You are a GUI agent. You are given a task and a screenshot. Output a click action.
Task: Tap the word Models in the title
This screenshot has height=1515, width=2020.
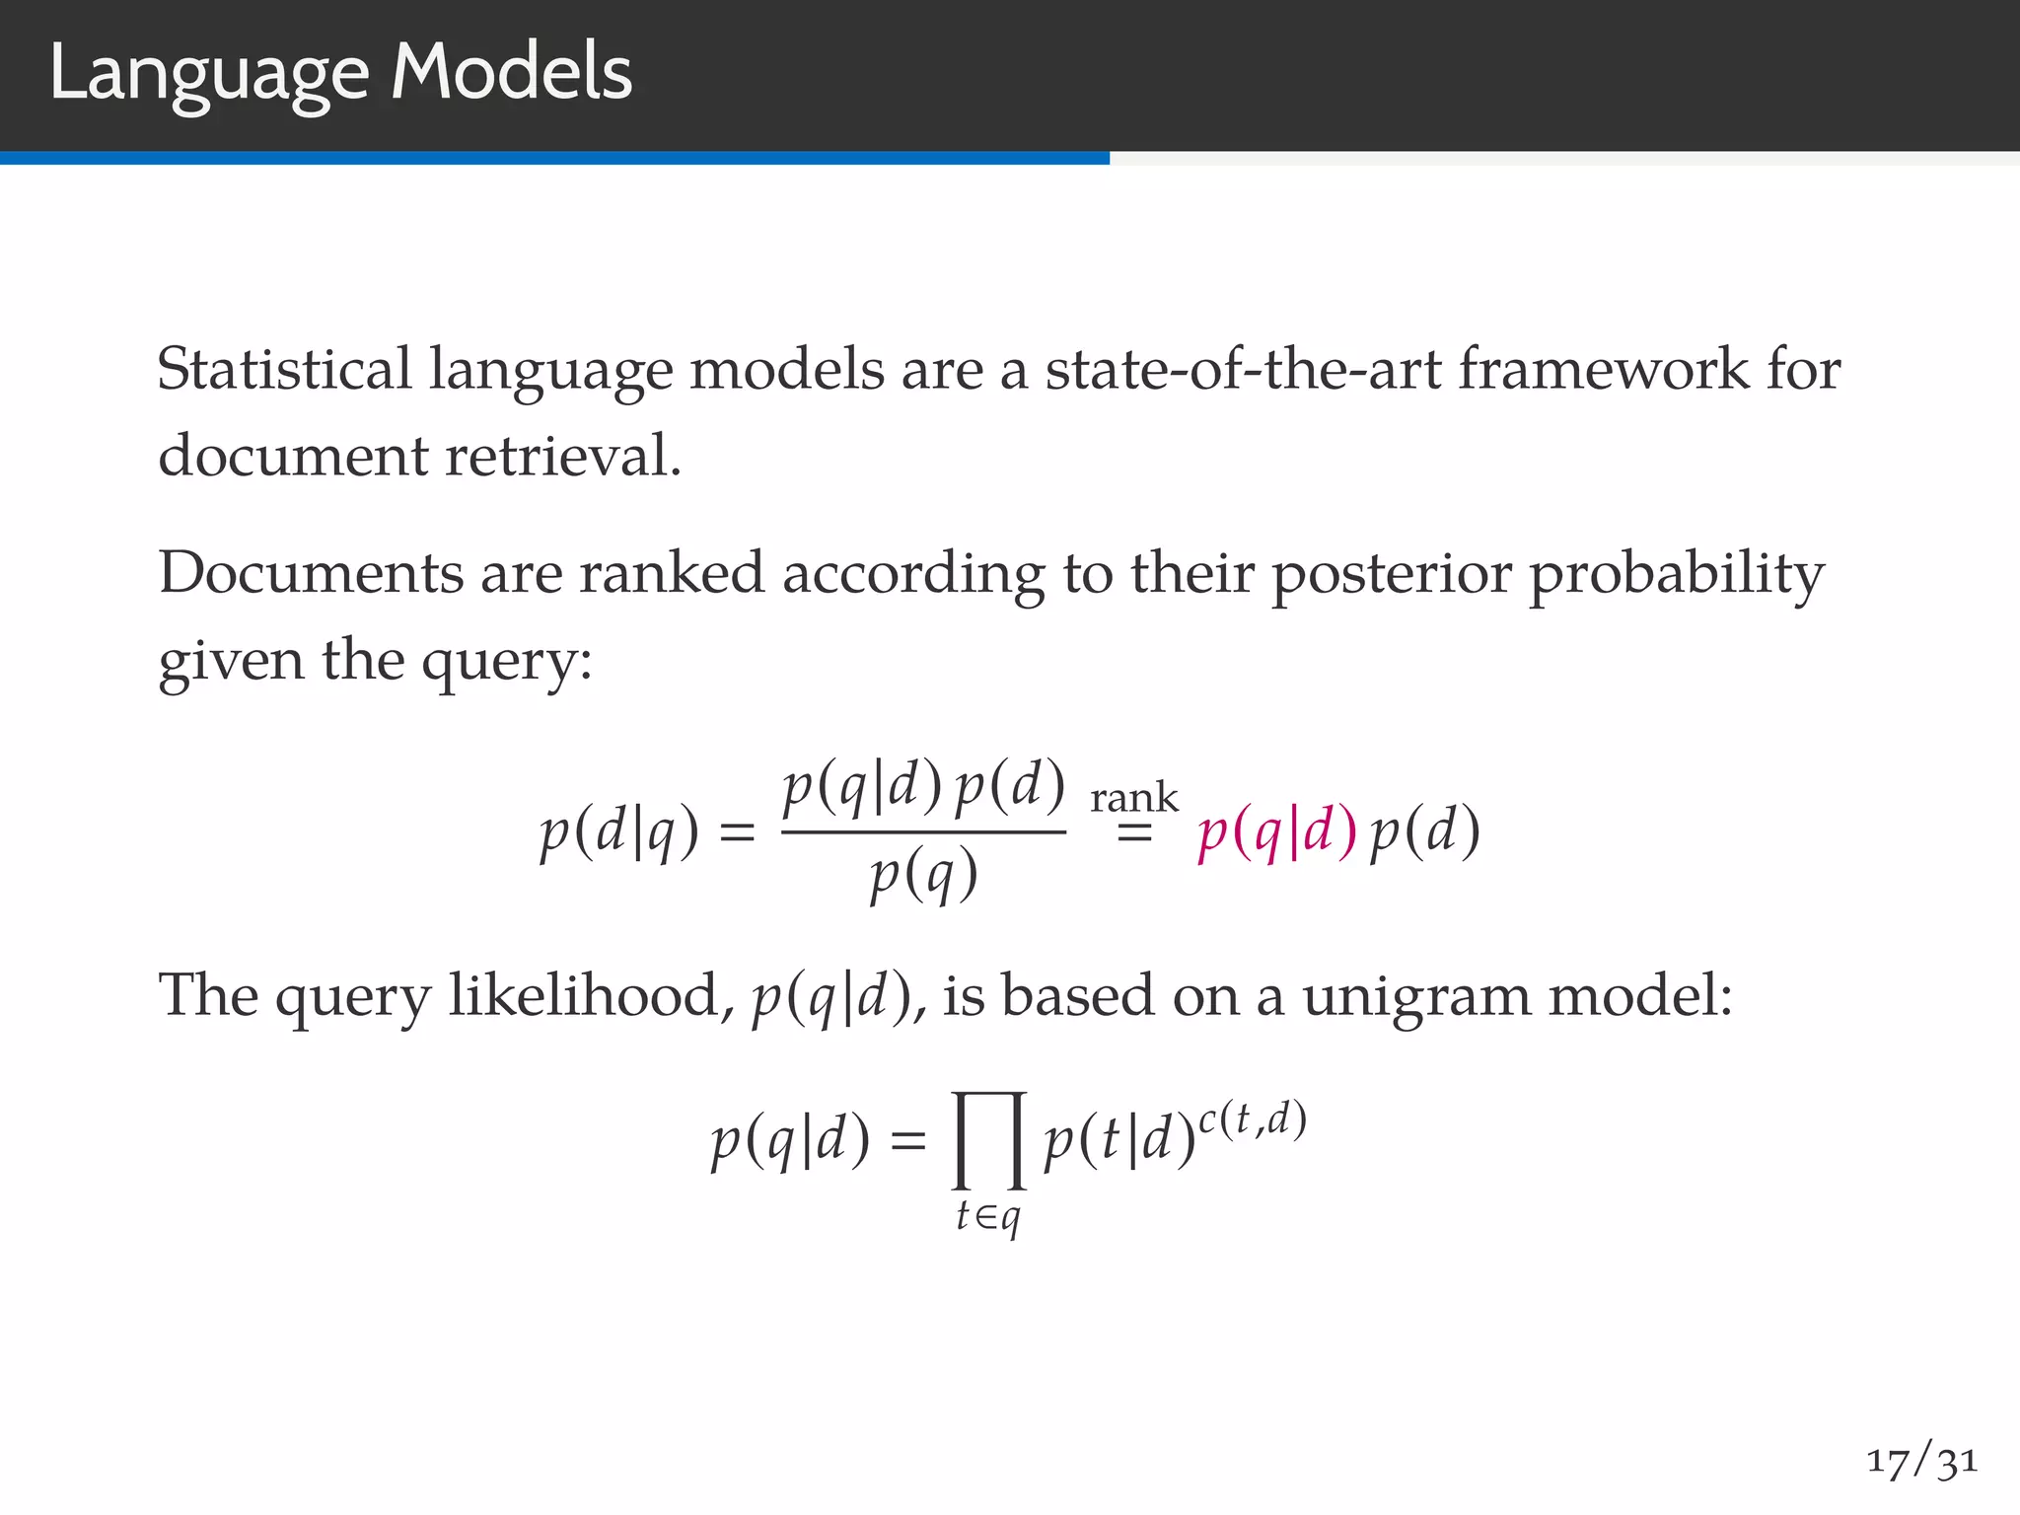511,73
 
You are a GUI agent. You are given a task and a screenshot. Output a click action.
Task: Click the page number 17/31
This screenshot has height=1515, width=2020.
1921,1461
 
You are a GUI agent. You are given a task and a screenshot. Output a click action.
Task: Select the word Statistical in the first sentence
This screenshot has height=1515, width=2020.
284,370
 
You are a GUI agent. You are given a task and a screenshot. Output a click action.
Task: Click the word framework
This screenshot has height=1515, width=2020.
1603,370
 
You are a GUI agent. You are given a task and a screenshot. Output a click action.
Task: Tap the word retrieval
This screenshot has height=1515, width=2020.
563,457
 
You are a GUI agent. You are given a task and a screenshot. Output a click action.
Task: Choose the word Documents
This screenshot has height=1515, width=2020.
311,573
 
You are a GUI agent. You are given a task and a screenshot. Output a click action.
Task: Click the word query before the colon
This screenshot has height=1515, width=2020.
500,662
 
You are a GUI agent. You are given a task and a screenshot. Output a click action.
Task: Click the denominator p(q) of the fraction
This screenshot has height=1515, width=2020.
924,875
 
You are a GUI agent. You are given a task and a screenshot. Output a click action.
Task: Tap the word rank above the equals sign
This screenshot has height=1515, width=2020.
1133,797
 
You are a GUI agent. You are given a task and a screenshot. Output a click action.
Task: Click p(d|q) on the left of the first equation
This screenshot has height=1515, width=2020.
619,832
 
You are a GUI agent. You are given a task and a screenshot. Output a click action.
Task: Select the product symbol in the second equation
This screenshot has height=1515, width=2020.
989,1140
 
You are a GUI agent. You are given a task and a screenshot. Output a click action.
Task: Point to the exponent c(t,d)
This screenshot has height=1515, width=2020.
1252,1120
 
